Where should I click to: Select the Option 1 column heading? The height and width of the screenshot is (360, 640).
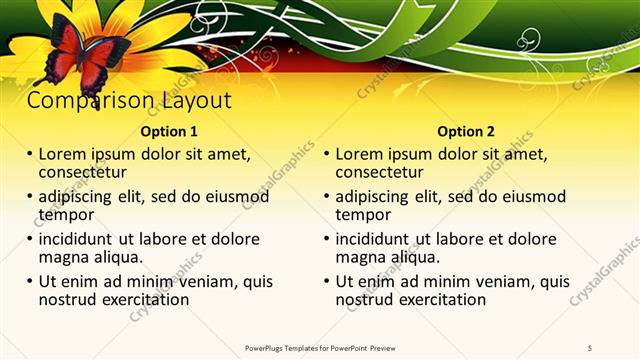click(x=169, y=131)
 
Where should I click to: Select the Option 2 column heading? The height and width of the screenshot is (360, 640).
click(x=466, y=131)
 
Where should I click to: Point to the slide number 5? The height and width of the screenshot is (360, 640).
click(x=590, y=347)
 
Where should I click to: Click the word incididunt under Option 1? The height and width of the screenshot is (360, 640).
click(x=76, y=239)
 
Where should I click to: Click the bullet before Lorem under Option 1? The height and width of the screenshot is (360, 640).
click(x=29, y=156)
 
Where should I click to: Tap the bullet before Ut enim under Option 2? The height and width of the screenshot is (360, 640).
click(x=326, y=282)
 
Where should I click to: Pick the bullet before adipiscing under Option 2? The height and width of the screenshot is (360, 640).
click(x=326, y=198)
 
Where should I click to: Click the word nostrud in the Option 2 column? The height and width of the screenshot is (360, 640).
click(x=365, y=298)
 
